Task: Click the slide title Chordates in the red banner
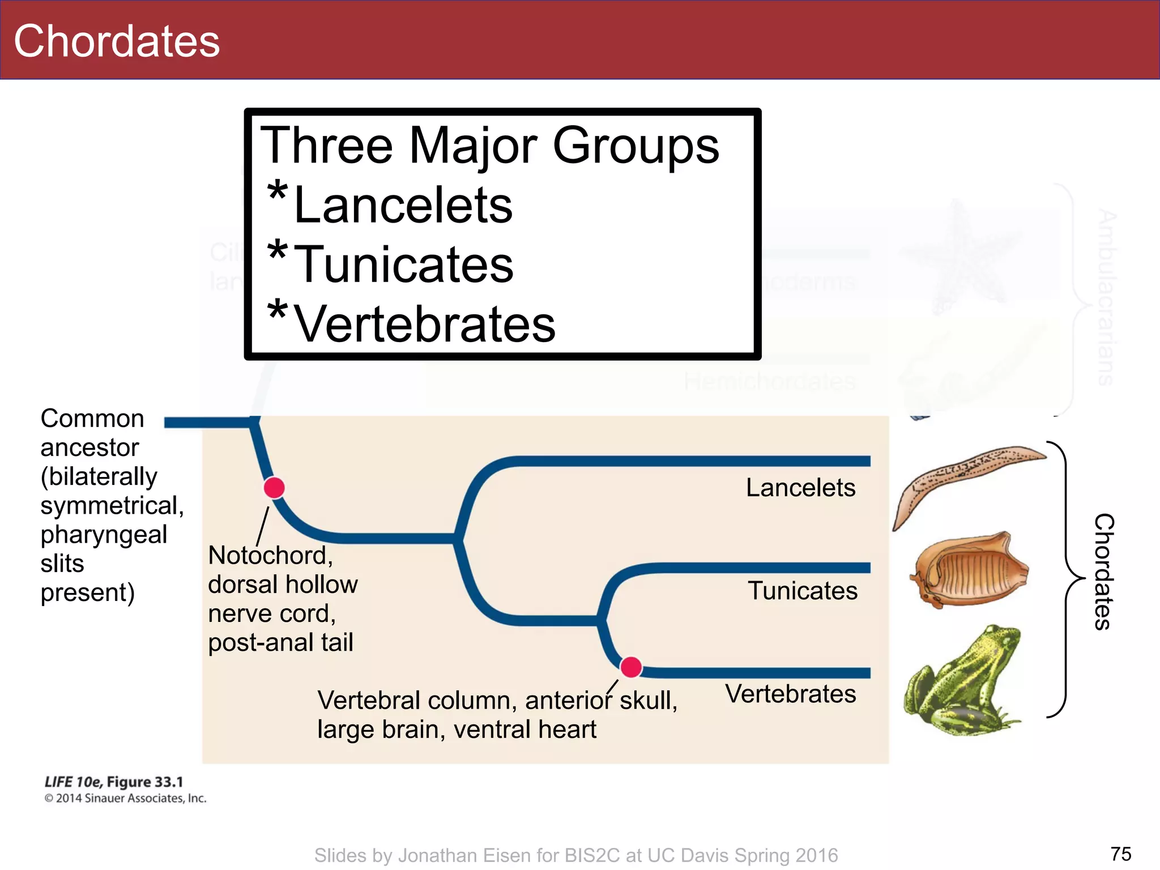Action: click(117, 41)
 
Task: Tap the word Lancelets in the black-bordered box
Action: click(403, 205)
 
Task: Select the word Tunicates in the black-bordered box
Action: click(404, 265)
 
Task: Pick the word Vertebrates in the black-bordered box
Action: click(425, 324)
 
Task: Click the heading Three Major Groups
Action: click(489, 146)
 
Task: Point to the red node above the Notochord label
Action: click(274, 488)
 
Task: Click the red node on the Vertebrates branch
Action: click(630, 667)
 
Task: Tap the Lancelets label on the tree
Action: click(800, 488)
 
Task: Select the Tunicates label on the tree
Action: click(803, 591)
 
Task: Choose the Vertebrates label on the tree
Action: click(791, 694)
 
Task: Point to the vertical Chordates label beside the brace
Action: click(1103, 572)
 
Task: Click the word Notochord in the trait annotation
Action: click(270, 556)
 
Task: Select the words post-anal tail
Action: click(280, 643)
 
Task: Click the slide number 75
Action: click(1121, 854)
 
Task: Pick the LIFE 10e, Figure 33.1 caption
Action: click(114, 782)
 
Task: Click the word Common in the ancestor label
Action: click(92, 419)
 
